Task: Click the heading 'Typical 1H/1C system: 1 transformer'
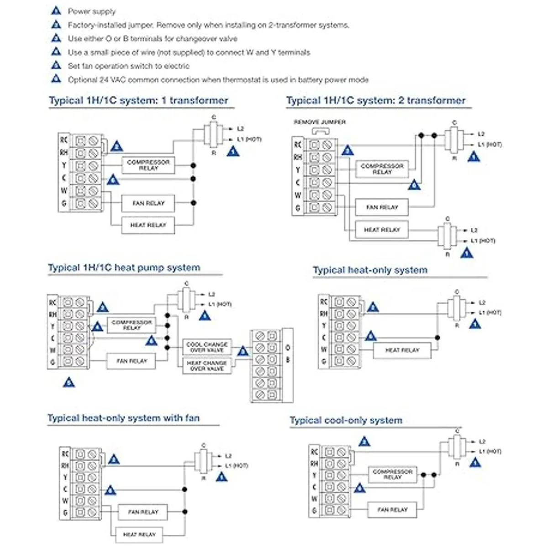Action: pos(138,100)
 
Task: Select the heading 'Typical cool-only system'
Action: pos(346,421)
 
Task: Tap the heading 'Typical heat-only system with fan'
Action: pos(123,418)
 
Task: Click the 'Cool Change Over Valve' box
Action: pos(206,347)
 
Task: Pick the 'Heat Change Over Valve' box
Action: pos(206,365)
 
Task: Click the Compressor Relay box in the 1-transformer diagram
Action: pos(148,165)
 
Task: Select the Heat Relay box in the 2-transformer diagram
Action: pos(381,230)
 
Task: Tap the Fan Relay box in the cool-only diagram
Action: pos(392,510)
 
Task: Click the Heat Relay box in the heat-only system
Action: pos(402,350)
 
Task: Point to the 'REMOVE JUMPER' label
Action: pos(320,122)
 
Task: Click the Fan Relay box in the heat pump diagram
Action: pos(132,361)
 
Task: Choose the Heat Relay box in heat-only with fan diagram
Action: pos(139,534)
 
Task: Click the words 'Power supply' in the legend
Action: pos(92,11)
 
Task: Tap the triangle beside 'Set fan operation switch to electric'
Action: pos(56,65)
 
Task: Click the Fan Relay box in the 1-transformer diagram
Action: pos(148,203)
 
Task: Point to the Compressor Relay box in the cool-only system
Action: pos(392,474)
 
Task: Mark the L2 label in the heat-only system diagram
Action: pos(482,302)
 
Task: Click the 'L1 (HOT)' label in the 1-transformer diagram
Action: pos(249,139)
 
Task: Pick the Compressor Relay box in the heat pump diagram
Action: pos(132,325)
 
